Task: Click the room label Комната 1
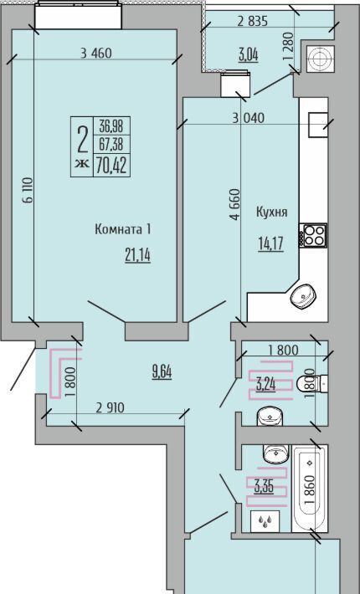(x=123, y=229)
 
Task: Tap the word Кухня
(x=272, y=213)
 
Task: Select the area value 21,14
(x=137, y=256)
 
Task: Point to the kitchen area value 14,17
(x=271, y=243)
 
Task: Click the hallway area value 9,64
(x=162, y=372)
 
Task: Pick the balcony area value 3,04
(x=248, y=55)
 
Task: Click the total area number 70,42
(x=111, y=165)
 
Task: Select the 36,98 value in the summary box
(x=111, y=125)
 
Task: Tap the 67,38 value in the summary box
(x=111, y=144)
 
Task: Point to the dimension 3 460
(x=96, y=53)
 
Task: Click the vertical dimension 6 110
(x=28, y=191)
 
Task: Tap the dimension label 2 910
(x=110, y=407)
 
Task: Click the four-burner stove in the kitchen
(x=313, y=235)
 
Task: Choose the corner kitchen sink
(x=303, y=296)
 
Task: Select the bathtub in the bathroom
(x=310, y=488)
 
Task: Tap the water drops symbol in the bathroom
(x=265, y=521)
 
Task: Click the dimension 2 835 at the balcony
(x=252, y=22)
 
